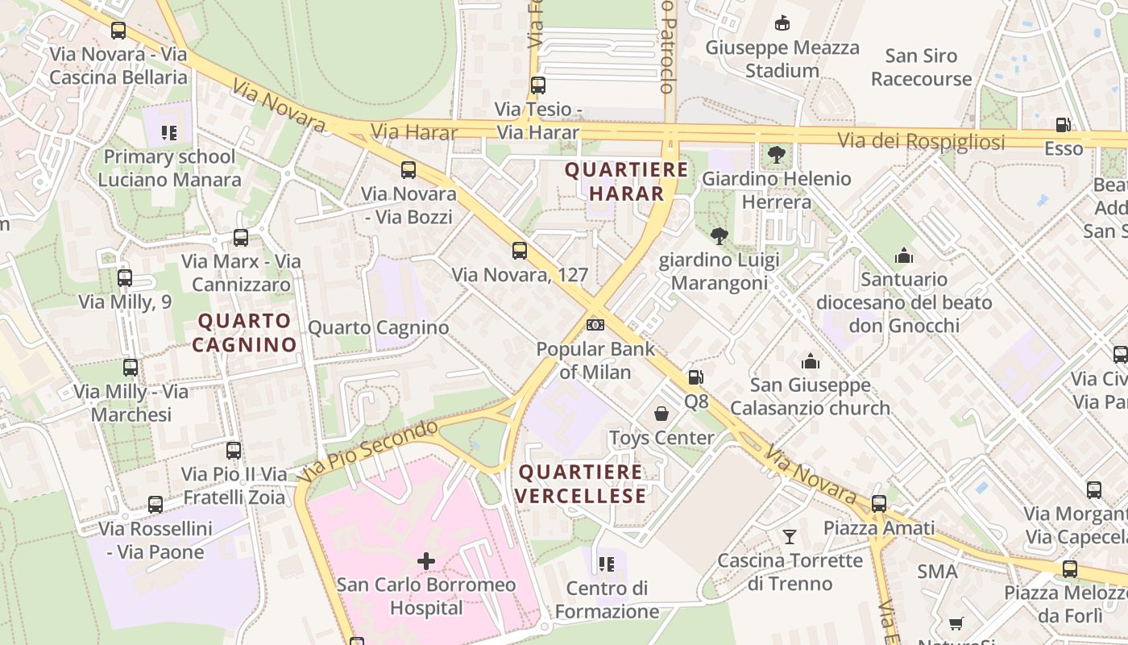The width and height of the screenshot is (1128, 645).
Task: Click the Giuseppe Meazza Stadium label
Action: click(782, 59)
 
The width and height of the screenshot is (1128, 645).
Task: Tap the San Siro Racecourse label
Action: click(921, 67)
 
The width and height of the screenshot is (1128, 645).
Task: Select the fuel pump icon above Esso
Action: click(1064, 125)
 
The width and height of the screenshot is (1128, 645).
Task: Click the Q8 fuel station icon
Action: click(695, 377)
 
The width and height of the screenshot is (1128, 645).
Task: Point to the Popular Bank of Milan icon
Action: click(595, 325)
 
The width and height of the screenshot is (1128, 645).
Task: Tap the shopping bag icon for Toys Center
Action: click(661, 414)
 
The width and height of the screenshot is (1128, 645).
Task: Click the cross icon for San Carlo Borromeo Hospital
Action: click(426, 560)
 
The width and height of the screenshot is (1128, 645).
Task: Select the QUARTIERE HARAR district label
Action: click(627, 181)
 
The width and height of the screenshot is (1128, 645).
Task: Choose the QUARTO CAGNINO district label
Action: click(247, 332)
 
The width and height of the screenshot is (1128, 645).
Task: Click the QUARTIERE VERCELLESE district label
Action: click(581, 484)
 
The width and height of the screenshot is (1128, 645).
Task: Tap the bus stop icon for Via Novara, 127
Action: click(520, 251)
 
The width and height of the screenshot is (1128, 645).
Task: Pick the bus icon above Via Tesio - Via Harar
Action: click(538, 85)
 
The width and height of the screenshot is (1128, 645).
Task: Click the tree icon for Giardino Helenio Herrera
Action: click(777, 154)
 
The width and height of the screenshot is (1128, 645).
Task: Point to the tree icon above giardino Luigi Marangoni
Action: click(719, 236)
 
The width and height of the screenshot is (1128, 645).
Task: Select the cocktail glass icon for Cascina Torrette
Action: click(790, 536)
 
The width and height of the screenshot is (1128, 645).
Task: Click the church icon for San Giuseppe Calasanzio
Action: click(810, 361)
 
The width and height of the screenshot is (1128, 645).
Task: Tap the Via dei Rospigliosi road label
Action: click(921, 141)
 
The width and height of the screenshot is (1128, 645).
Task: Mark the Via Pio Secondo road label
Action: click(367, 451)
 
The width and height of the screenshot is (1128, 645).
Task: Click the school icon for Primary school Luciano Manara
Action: click(169, 132)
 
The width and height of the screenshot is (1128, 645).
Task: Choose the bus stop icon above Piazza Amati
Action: click(879, 504)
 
